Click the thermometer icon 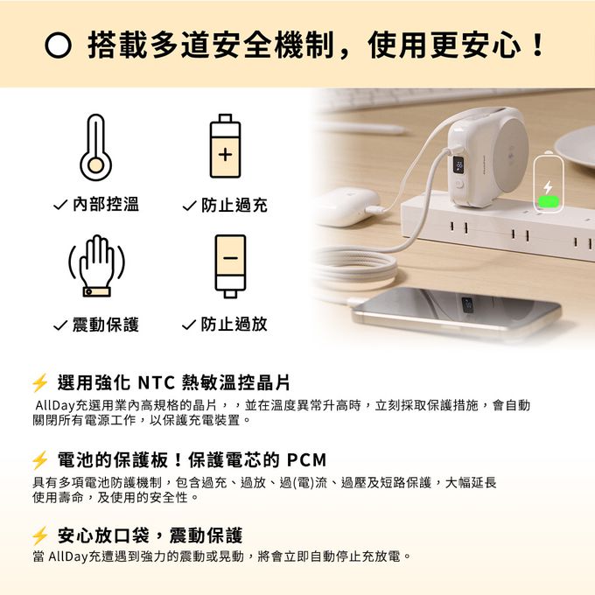coord(95,148)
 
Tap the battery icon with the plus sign coord(225,146)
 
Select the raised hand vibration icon coord(97,266)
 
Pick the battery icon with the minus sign coord(230,266)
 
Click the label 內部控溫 coord(106,204)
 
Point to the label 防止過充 coord(234,206)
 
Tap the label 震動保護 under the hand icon coord(106,325)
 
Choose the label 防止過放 coord(234,324)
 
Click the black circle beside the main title coord(58,45)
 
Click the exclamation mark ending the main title coord(538,45)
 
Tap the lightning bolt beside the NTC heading coord(40,382)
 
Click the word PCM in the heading coord(306,460)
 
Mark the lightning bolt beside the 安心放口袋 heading coord(40,535)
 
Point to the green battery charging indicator coord(549,201)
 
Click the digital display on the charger coord(458,165)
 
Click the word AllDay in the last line coord(68,556)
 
